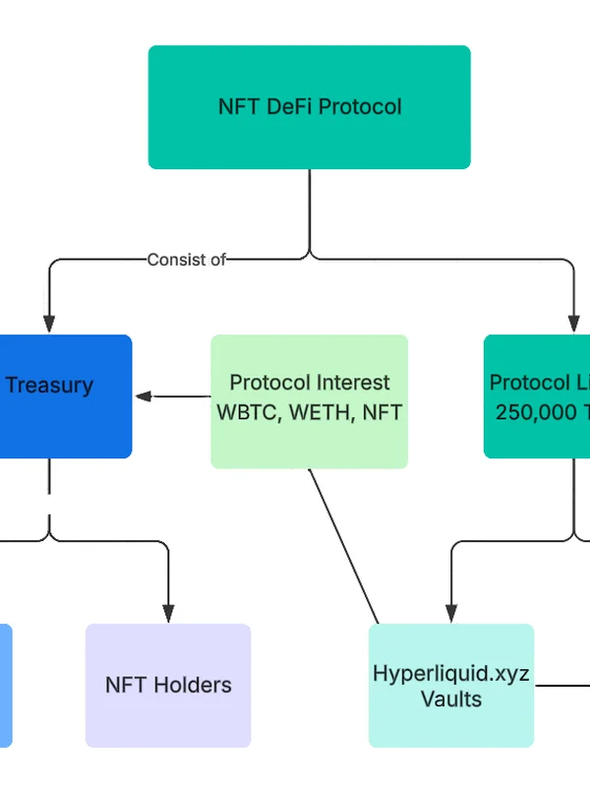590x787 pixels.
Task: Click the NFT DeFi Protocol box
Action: coord(309,107)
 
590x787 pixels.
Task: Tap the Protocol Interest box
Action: coord(309,401)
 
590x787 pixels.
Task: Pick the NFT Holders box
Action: coord(168,685)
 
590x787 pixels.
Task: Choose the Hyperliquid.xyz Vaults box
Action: coord(451,685)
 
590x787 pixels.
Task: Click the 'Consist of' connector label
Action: coord(186,260)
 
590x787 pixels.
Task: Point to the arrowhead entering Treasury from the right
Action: coord(144,396)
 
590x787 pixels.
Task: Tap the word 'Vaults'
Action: coord(451,699)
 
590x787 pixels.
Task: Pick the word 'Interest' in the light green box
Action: coord(347,383)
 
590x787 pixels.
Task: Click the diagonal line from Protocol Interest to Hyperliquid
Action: coord(344,546)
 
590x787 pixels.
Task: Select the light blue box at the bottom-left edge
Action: coord(5,685)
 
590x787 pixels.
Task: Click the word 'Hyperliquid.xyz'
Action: coord(451,674)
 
